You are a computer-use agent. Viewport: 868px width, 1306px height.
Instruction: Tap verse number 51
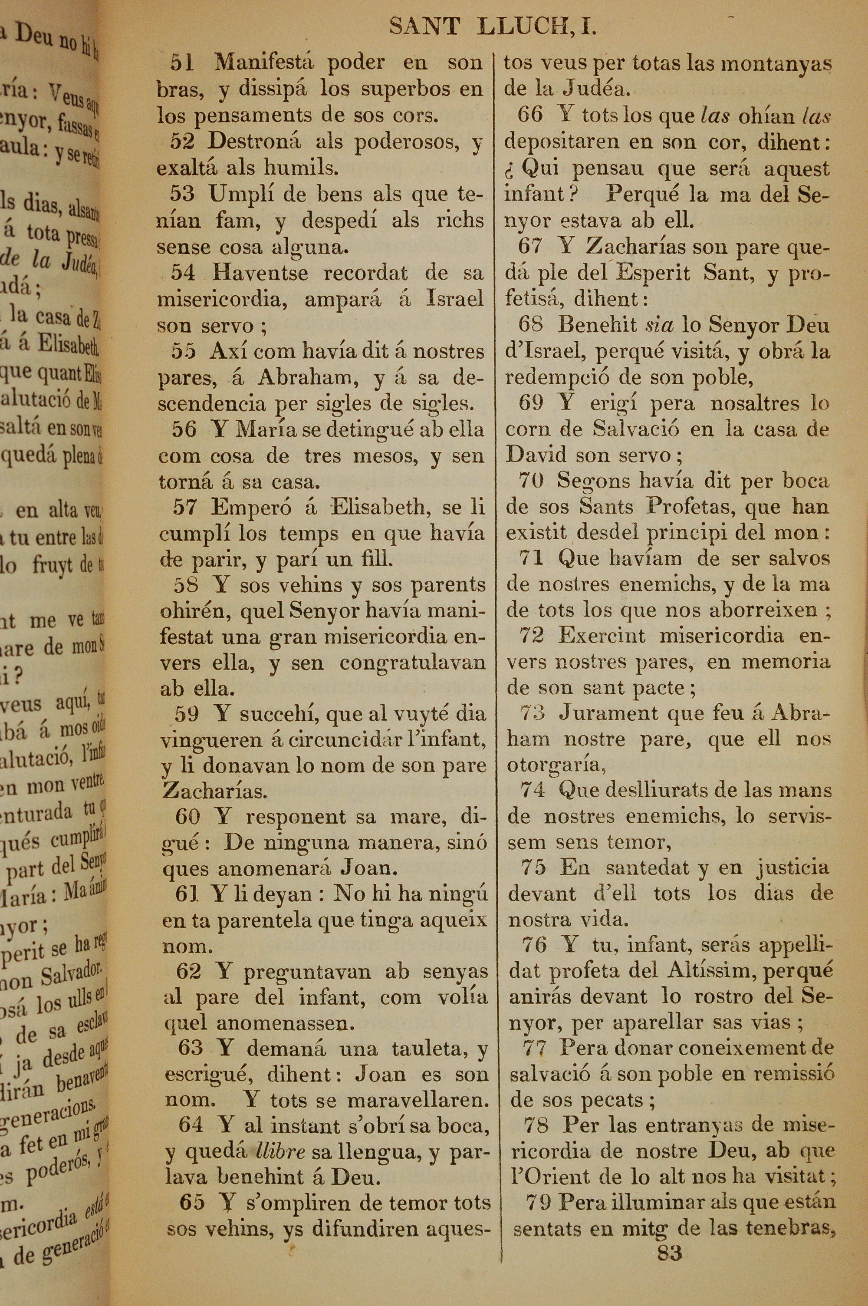(x=182, y=62)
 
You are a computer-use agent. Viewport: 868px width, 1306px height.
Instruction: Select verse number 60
(x=187, y=816)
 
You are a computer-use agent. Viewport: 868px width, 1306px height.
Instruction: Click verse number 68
(x=530, y=324)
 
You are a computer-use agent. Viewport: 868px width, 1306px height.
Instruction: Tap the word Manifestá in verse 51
(x=264, y=62)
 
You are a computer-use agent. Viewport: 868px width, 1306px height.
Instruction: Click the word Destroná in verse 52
(x=254, y=142)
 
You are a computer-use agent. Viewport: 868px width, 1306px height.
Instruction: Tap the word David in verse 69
(x=536, y=455)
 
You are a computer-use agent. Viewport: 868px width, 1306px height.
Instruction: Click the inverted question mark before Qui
(x=510, y=169)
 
